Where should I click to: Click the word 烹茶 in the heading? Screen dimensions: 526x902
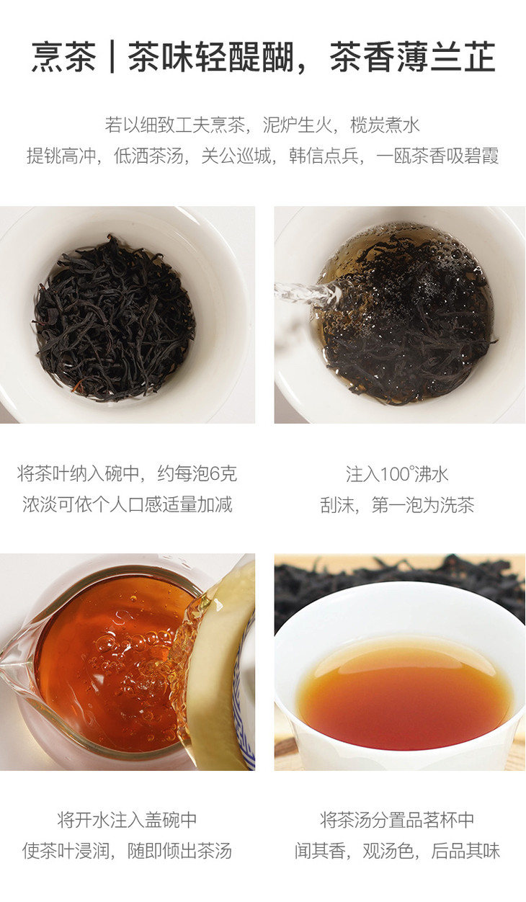(63, 57)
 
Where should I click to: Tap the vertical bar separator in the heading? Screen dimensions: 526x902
(112, 57)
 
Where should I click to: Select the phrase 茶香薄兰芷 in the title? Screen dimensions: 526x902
(412, 57)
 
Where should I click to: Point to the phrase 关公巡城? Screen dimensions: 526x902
(236, 156)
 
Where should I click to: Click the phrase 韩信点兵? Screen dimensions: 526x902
(324, 156)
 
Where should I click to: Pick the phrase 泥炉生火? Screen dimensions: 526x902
(298, 125)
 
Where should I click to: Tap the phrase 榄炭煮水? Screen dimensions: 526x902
(385, 125)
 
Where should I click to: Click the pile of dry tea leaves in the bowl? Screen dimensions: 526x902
(114, 319)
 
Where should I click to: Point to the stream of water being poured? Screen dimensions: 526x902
(308, 292)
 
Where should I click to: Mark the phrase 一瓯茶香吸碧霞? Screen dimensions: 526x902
(437, 156)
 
